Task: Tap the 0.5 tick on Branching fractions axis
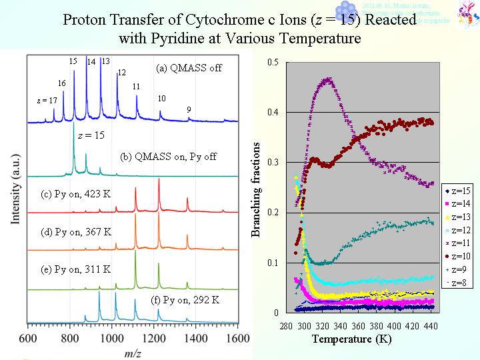273,62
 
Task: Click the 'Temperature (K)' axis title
352,339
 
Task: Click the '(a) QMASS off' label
189,68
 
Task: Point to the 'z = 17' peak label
47,101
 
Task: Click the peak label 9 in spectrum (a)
189,109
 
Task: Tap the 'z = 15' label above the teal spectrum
91,135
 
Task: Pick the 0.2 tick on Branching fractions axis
273,213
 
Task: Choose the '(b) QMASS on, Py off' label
169,157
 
